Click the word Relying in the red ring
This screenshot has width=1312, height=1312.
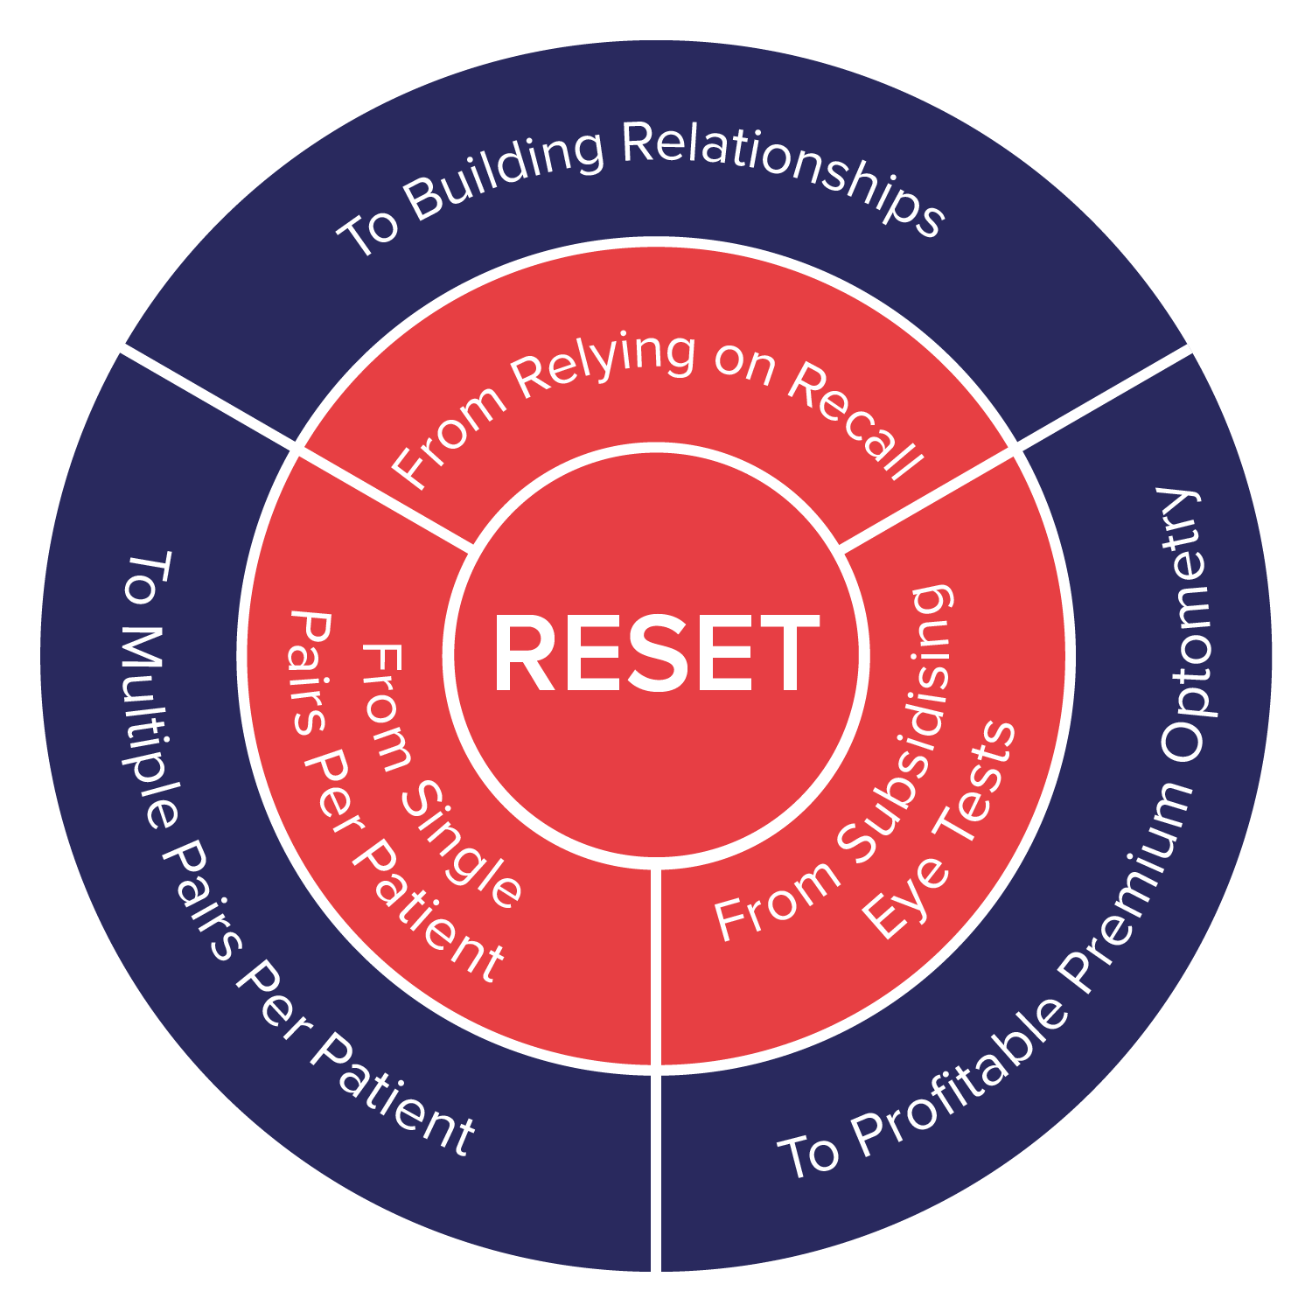point(604,367)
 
